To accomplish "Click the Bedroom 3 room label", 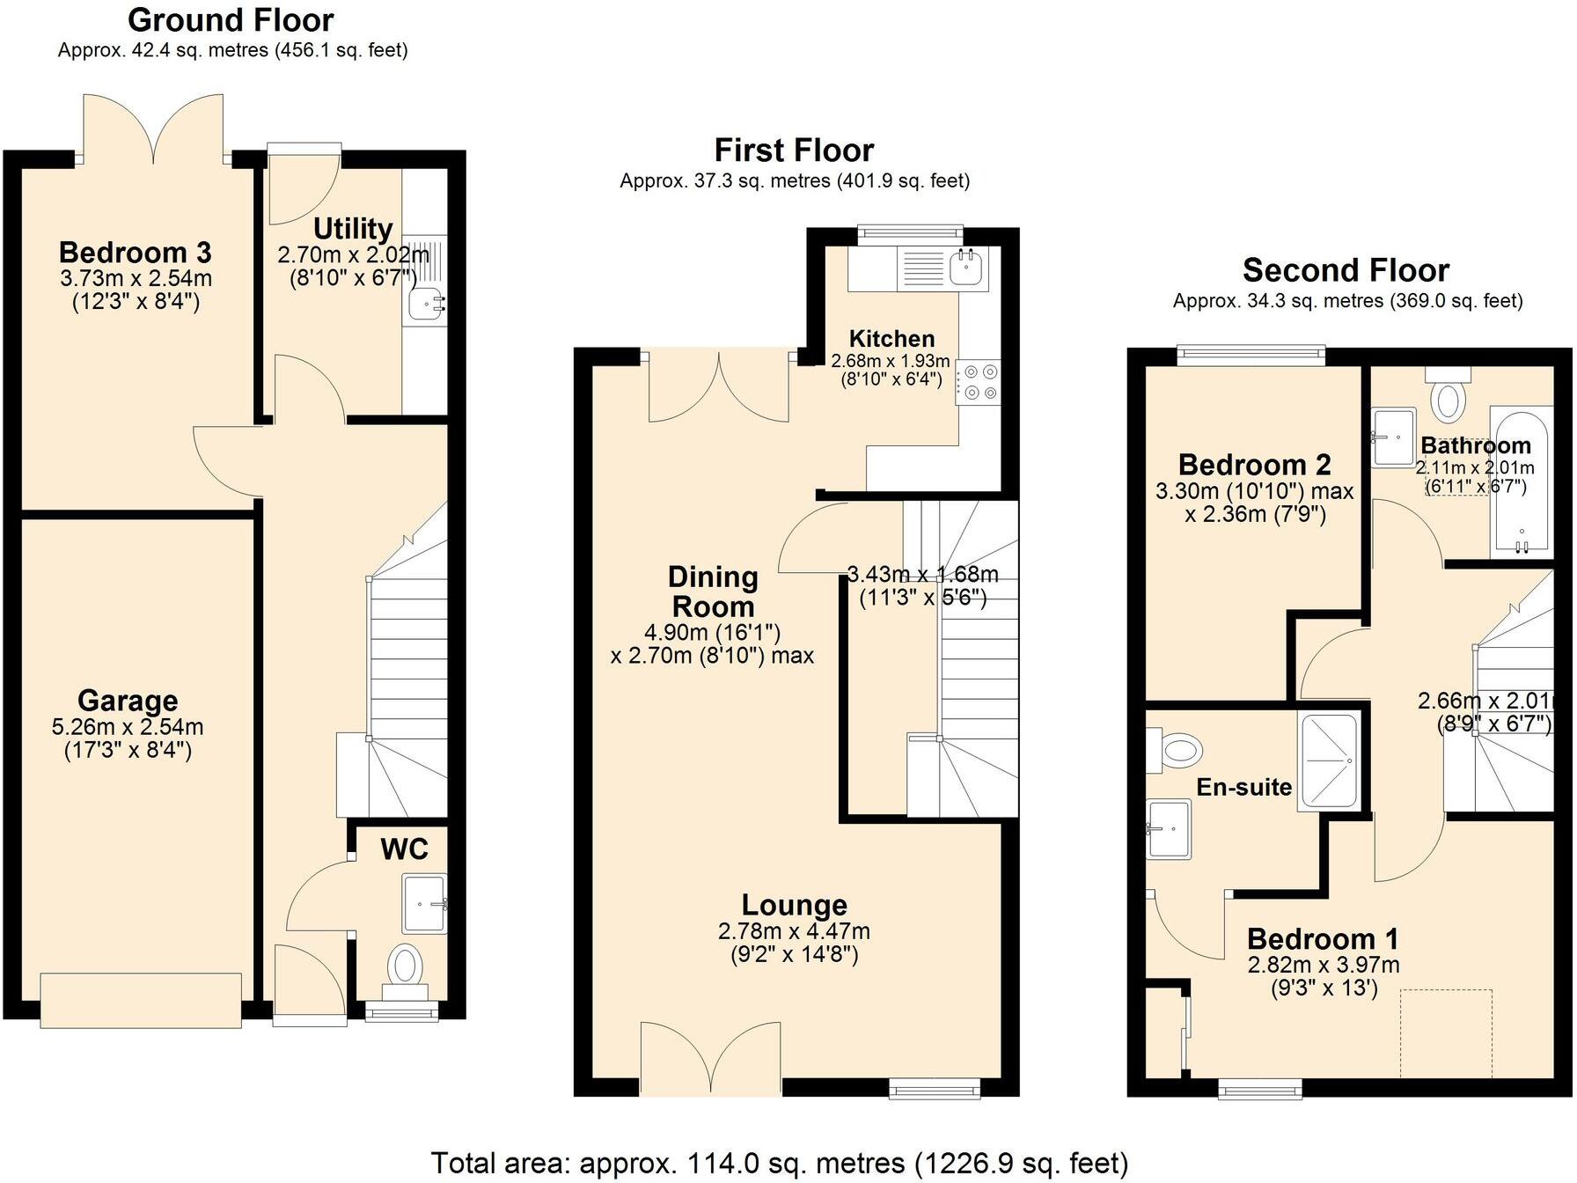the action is pos(135,253).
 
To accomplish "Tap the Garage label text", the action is pos(128,701).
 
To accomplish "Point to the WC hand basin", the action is pos(425,904).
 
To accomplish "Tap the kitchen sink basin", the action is pos(966,265).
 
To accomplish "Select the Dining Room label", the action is pos(713,591).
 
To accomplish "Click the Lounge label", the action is pos(795,905).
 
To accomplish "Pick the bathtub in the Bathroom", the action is pos(1521,481).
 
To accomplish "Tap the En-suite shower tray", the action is pos(1329,760).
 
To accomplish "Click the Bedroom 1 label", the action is pos(1323,938).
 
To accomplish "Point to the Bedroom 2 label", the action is pos(1254,464).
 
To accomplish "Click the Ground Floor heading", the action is pos(231,19).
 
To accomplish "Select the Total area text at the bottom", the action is pos(779,1163).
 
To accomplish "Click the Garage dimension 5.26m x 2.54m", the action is pos(128,727).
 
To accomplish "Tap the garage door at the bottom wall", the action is pos(141,1000).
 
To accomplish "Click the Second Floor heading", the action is pos(1346,270).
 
